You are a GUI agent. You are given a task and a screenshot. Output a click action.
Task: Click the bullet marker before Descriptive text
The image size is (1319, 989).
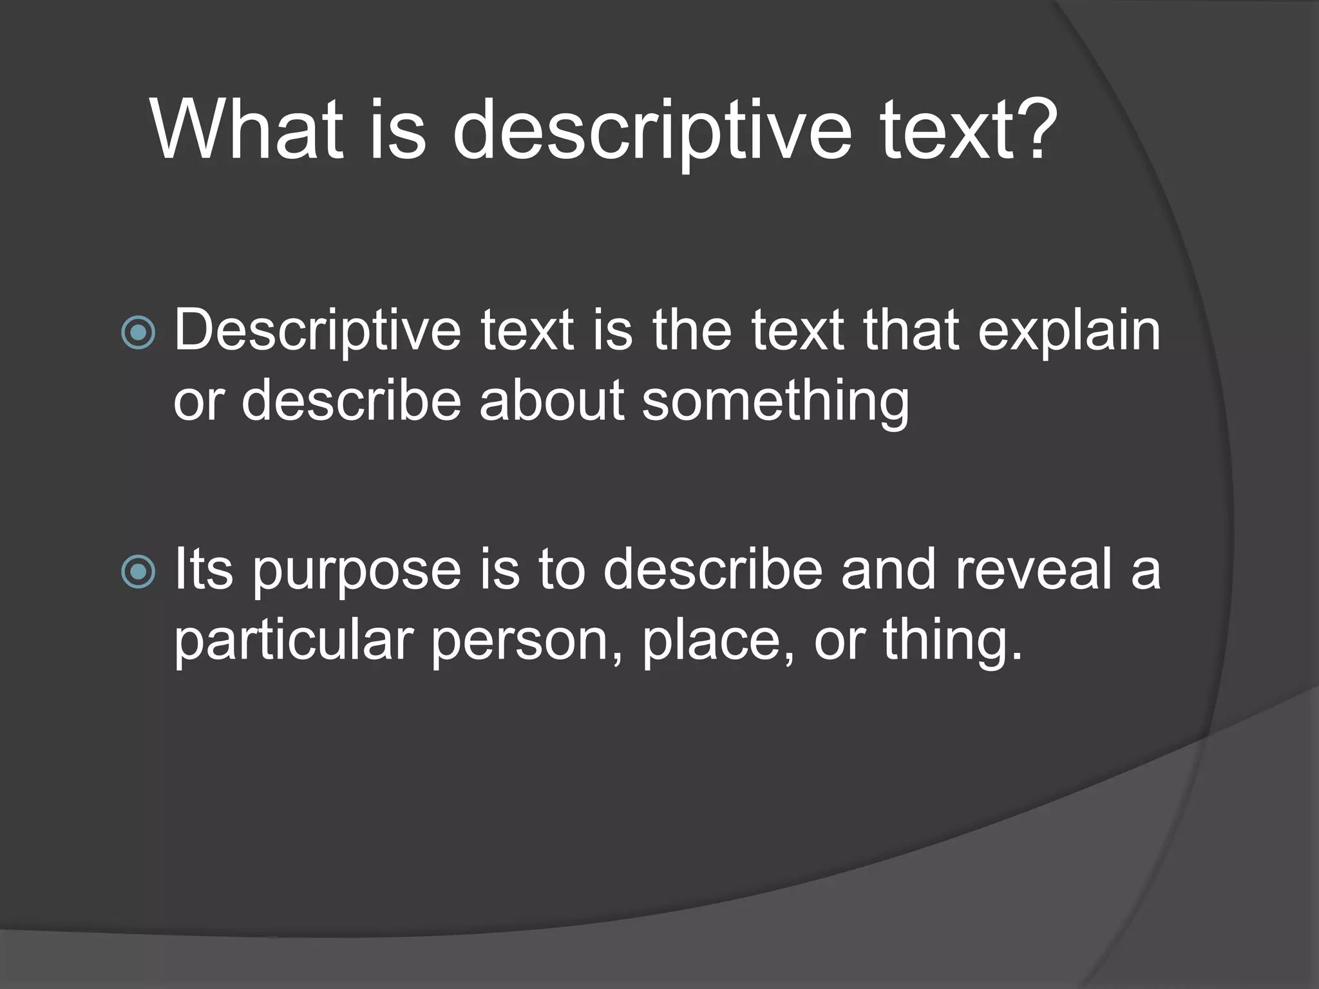coord(138,333)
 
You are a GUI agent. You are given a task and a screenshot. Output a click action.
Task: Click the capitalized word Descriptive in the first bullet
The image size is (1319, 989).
coord(318,332)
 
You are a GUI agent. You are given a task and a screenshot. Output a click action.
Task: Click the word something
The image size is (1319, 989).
coord(775,403)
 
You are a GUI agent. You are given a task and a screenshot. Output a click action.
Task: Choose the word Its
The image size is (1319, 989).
coord(204,569)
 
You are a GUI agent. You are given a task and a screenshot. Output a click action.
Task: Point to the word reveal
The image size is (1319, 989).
coord(1035,569)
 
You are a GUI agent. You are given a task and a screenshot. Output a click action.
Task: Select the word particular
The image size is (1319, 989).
coord(294,641)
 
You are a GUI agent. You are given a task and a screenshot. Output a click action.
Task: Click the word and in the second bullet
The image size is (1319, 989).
coord(889,569)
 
